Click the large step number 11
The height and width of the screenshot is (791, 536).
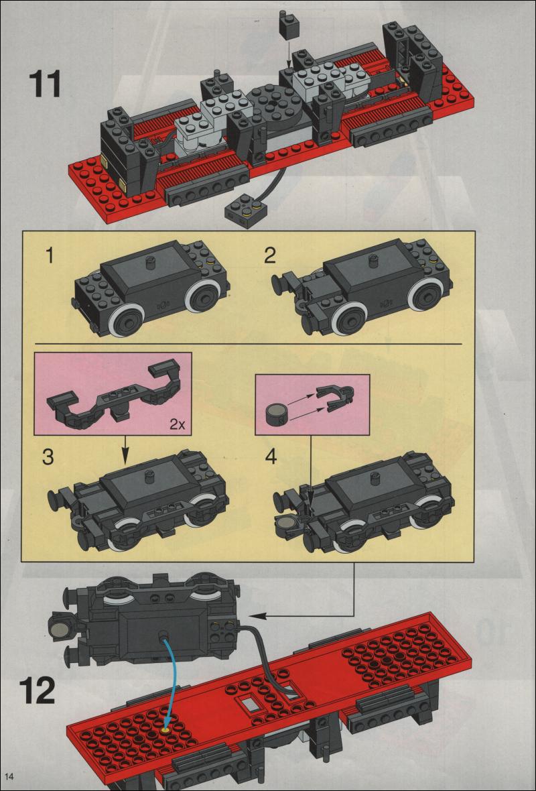pos(45,85)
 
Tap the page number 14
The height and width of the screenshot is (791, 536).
pos(9,776)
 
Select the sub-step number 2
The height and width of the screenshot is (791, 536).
pos(269,255)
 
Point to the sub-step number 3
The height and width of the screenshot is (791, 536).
pos(48,458)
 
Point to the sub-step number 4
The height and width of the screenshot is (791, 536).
pos(270,457)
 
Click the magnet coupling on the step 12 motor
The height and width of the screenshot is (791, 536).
pos(60,627)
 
